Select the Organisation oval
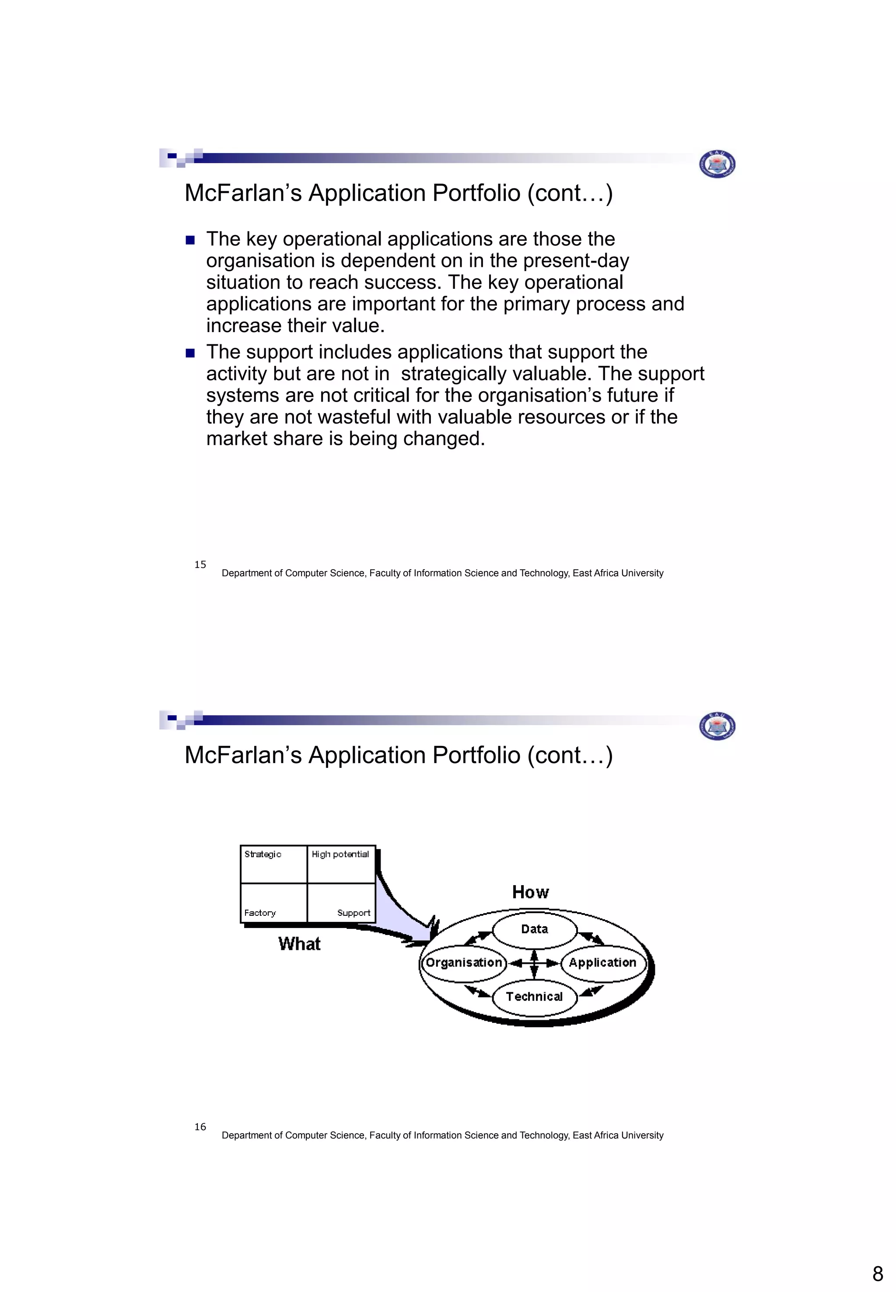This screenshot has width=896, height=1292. pos(464,963)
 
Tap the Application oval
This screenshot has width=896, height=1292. pos(602,963)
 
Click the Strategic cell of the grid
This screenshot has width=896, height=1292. pos(273,864)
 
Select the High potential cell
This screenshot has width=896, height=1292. pos(341,864)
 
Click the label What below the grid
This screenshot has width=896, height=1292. pos(299,944)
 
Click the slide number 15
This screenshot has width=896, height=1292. pos(200,564)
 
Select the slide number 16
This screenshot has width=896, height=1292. pos(200,1126)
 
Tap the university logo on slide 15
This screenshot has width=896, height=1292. pos(717,164)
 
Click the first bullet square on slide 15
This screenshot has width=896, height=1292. pos(190,240)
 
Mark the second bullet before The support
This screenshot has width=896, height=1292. pos(190,353)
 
